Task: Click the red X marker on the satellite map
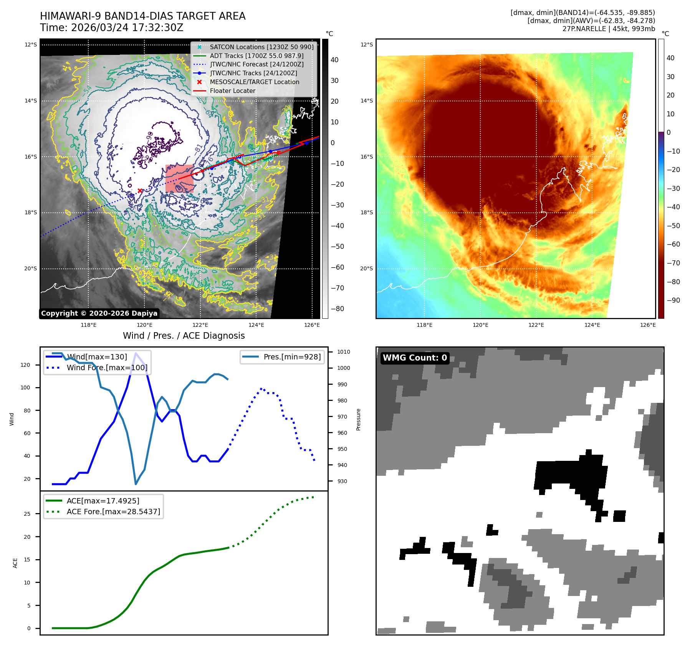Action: pyautogui.click(x=140, y=190)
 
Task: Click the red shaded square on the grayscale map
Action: pyautogui.click(x=179, y=179)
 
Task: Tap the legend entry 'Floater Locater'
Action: pyautogui.click(x=232, y=91)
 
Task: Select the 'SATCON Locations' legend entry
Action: pyautogui.click(x=261, y=47)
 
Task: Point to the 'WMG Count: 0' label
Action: pyautogui.click(x=415, y=358)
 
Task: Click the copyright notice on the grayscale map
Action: pyautogui.click(x=99, y=313)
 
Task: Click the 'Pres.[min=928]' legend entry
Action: pyautogui.click(x=292, y=357)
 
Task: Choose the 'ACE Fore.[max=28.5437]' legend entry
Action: pyautogui.click(x=113, y=512)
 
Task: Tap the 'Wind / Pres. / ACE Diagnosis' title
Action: pyautogui.click(x=184, y=336)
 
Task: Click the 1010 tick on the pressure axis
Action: pyautogui.click(x=343, y=352)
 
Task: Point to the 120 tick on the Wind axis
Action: pyautogui.click(x=25, y=365)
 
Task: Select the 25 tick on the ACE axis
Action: pyautogui.click(x=27, y=514)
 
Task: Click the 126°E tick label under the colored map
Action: pyautogui.click(x=648, y=325)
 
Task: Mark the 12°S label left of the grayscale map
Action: pyautogui.click(x=31, y=45)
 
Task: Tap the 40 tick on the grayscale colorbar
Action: pyautogui.click(x=334, y=60)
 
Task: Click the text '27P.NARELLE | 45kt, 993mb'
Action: pyautogui.click(x=609, y=29)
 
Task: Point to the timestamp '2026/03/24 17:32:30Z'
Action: pyautogui.click(x=127, y=28)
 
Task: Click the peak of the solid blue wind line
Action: pyautogui.click(x=136, y=353)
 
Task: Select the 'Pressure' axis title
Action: pyautogui.click(x=358, y=419)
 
